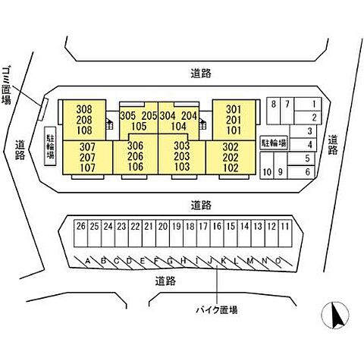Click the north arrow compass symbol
[x=335, y=315]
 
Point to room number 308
[x=84, y=109]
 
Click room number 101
[x=234, y=130]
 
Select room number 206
[x=135, y=156]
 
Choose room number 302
[x=231, y=146]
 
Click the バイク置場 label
[x=217, y=309]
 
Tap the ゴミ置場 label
[x=6, y=85]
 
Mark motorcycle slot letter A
[x=88, y=260]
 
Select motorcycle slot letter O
[x=278, y=260]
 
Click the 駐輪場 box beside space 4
[x=274, y=143]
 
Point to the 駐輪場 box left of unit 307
[x=50, y=146]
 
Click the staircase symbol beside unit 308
[x=109, y=124]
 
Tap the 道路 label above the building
[x=201, y=74]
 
